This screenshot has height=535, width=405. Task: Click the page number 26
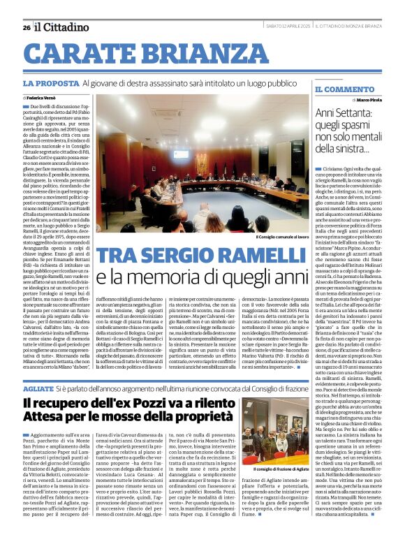point(27,27)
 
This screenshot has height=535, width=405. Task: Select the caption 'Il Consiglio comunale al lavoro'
point(284,237)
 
